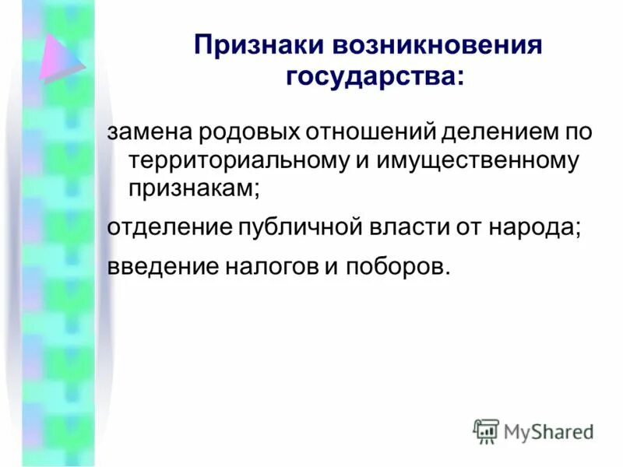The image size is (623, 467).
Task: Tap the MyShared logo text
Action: click(547, 430)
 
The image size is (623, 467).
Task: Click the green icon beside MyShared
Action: click(486, 430)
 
